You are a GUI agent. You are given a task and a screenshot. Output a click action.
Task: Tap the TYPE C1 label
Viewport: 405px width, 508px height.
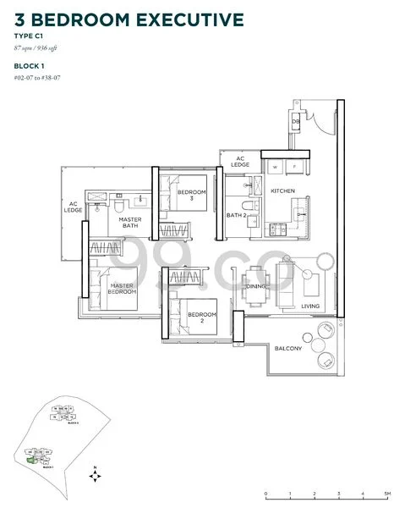pyautogui.click(x=28, y=38)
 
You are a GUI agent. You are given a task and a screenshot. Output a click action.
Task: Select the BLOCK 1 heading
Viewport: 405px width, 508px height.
pyautogui.click(x=30, y=64)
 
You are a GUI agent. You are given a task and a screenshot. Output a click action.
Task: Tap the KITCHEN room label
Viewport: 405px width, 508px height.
pyautogui.click(x=282, y=191)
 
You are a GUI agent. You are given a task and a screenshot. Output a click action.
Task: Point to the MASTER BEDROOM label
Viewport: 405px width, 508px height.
pyautogui.click(x=123, y=290)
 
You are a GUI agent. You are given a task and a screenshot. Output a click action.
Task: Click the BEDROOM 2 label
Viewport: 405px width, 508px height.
pyautogui.click(x=208, y=318)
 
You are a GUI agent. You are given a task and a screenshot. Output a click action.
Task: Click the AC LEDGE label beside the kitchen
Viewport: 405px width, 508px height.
pyautogui.click(x=240, y=161)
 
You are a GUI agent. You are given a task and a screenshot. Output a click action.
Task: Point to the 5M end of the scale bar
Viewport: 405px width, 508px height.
pyautogui.click(x=386, y=493)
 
